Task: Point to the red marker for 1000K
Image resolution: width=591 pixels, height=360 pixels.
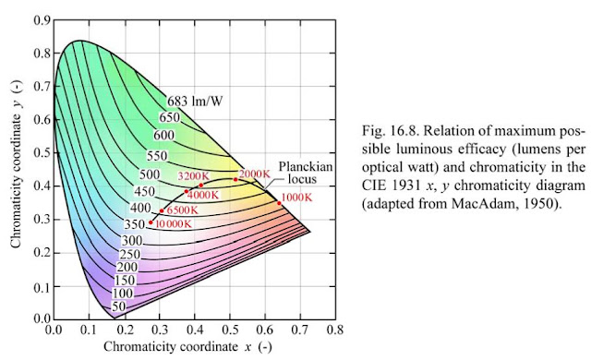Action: [x=279, y=203]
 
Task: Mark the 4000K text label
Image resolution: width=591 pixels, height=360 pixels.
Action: [x=205, y=195]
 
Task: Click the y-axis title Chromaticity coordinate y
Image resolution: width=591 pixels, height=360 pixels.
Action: [x=18, y=166]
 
